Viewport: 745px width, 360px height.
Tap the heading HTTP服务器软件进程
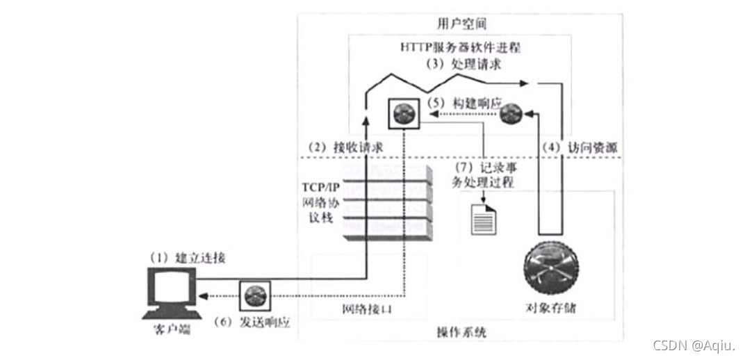pyautogui.click(x=461, y=48)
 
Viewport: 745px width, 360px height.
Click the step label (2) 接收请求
pyautogui.click(x=345, y=148)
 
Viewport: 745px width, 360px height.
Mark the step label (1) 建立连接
pyautogui.click(x=189, y=258)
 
